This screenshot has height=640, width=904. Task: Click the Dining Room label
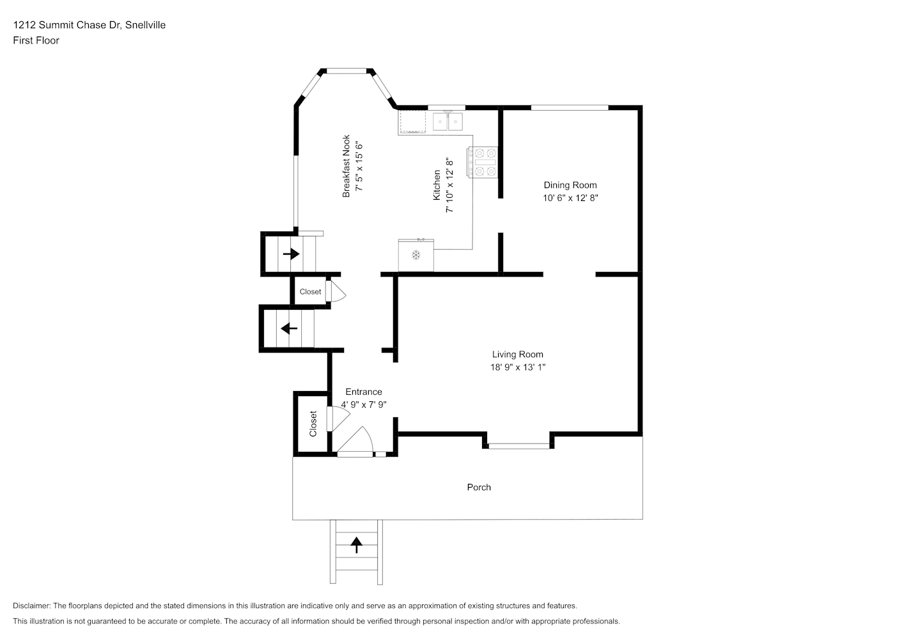[570, 185]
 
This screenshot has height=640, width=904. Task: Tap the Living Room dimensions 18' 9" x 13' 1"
[518, 367]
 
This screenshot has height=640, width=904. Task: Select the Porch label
[479, 487]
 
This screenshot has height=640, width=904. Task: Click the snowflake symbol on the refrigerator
[416, 255]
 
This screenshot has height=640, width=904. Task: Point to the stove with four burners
[483, 162]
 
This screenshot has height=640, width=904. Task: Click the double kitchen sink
[448, 121]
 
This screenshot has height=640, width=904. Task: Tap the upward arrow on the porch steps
[356, 545]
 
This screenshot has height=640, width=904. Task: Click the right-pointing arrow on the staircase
[291, 254]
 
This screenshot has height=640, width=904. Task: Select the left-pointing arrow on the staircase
[289, 328]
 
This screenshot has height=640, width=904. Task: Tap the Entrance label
[364, 392]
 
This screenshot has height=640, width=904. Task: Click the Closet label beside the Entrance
[313, 424]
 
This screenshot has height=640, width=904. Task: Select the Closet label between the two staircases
[310, 292]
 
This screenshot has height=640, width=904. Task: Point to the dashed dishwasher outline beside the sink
[412, 121]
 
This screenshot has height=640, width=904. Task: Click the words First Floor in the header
[36, 40]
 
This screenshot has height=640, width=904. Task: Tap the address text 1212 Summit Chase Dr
[67, 25]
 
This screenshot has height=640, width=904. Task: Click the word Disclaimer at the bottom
[31, 605]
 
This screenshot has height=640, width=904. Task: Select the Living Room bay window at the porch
[518, 446]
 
